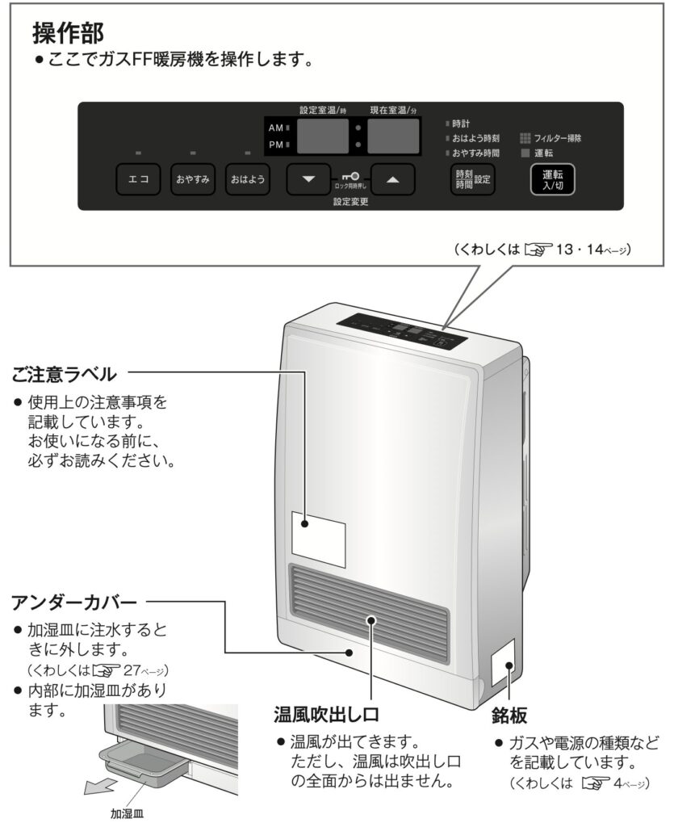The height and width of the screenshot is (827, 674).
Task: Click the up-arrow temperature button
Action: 393,179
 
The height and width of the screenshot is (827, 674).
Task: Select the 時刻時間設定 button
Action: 472,179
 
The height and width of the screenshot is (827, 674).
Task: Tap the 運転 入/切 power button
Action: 552,179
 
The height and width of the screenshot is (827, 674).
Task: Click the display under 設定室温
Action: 324,136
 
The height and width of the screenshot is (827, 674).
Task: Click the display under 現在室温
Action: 394,136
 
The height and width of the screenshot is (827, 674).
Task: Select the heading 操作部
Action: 69,34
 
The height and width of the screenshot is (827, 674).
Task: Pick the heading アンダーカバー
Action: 74,602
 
